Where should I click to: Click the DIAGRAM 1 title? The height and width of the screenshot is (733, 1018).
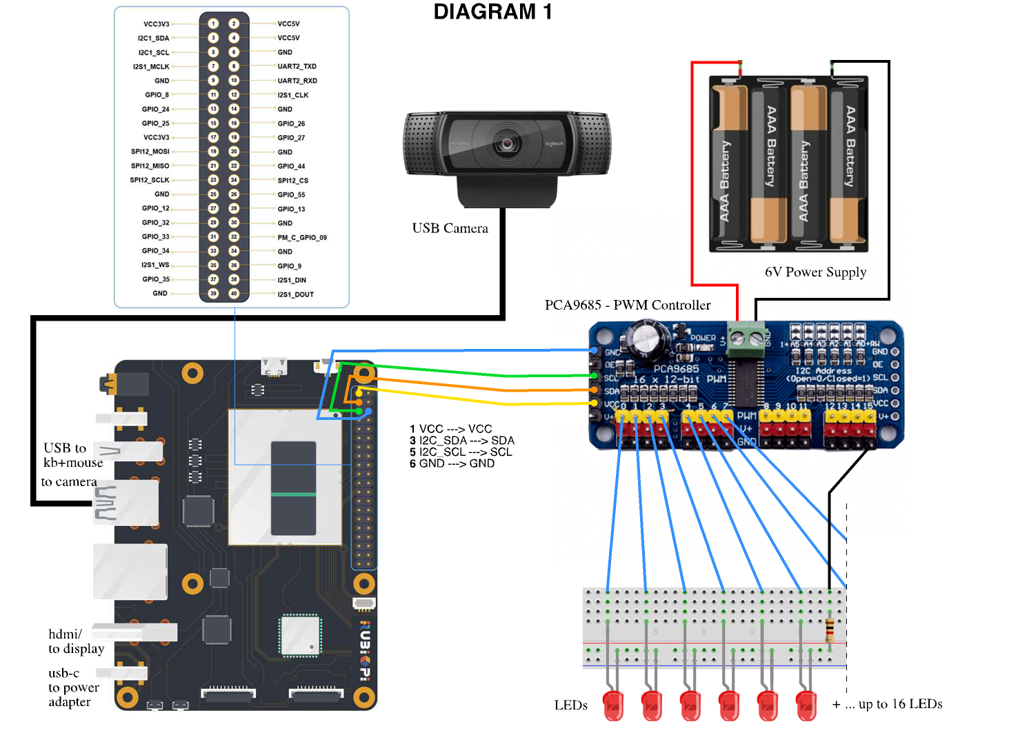(492, 12)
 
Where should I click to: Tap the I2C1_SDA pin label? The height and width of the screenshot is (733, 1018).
(153, 38)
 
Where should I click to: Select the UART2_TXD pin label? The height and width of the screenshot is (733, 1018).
(297, 66)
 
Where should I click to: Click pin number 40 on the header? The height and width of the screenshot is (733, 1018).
(234, 294)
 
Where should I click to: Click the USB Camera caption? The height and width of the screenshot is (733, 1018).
(450, 228)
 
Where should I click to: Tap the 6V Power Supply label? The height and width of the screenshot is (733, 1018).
(815, 272)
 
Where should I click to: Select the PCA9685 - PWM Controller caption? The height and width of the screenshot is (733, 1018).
(627, 305)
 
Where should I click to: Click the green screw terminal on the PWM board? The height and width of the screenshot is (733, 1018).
(746, 339)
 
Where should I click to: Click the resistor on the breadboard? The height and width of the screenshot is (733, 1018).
(830, 629)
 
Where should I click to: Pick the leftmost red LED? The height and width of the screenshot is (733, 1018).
(612, 706)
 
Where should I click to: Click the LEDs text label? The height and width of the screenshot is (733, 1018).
(570, 705)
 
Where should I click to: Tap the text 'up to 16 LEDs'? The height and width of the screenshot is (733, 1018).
(900, 704)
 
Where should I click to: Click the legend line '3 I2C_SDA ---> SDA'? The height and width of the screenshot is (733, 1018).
(461, 441)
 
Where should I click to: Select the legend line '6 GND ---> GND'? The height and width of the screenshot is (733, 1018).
(452, 463)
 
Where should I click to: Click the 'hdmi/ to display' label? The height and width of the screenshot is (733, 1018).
(76, 641)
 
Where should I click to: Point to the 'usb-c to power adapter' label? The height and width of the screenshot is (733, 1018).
(73, 687)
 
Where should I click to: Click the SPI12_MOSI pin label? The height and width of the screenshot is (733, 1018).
(150, 152)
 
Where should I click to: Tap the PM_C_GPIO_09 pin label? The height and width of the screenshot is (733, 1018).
(302, 237)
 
